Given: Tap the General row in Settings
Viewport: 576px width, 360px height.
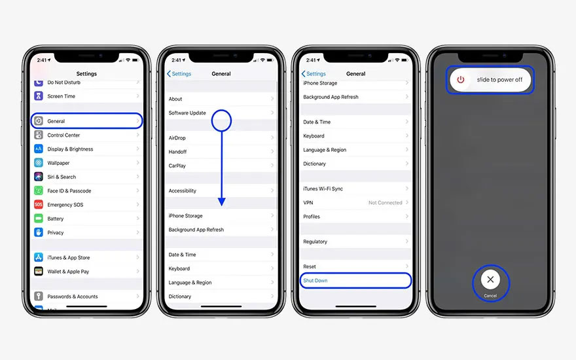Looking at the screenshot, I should (x=86, y=121).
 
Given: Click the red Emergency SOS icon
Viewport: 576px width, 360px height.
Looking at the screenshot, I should (x=39, y=205).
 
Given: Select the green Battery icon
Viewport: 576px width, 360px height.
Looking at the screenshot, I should (x=39, y=219).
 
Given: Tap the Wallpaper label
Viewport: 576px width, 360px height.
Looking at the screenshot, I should (x=58, y=163).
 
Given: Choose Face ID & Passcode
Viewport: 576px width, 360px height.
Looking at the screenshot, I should (x=69, y=191).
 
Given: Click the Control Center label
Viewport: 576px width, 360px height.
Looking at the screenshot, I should (x=63, y=135).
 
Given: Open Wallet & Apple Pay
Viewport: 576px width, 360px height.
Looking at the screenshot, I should (x=68, y=272).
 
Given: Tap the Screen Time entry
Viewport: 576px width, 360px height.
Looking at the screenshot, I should (x=61, y=96).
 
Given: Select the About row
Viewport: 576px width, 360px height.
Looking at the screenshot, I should (x=175, y=99).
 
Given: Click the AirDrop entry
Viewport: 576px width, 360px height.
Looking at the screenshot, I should (x=177, y=138).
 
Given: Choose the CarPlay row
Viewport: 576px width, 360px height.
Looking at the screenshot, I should (x=177, y=166).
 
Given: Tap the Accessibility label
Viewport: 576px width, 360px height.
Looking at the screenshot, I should (x=183, y=191).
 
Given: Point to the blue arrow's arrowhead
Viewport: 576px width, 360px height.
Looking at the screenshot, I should (x=222, y=202).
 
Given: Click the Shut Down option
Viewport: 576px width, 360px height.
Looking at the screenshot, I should (x=315, y=281).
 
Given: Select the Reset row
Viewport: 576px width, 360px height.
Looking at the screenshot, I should (x=310, y=267).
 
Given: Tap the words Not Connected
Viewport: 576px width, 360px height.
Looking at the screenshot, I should (x=385, y=203).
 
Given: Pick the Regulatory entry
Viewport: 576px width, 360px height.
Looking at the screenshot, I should (x=315, y=242).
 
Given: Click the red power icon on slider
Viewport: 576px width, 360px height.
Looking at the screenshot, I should (x=461, y=80).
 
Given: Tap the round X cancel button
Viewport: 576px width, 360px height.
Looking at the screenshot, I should (x=490, y=279).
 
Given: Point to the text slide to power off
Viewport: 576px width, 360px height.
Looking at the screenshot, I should (x=499, y=80).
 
